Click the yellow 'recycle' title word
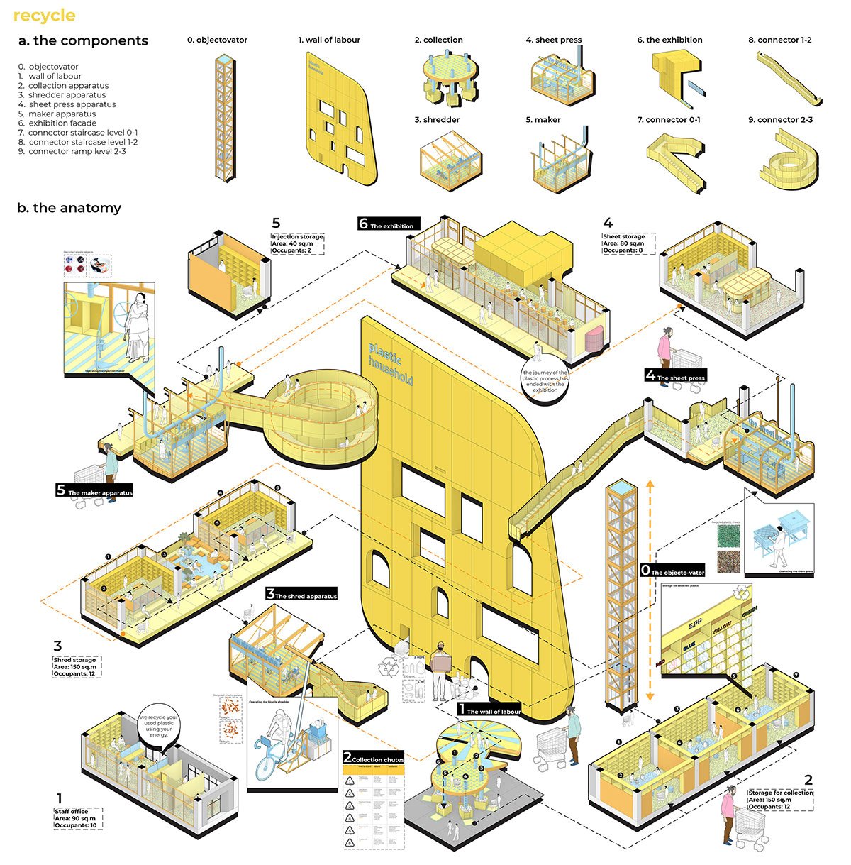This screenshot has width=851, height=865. [x=44, y=15]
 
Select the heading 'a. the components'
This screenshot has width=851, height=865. [x=83, y=41]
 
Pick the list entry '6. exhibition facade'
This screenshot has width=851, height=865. [x=57, y=123]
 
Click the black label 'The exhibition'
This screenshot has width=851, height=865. [x=389, y=224]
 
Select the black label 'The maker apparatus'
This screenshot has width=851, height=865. [x=94, y=491]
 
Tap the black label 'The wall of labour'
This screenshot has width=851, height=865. [x=489, y=710]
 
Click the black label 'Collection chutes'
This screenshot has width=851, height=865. [x=373, y=758]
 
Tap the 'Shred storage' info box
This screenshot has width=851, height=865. [x=77, y=667]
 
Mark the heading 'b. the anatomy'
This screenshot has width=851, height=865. [x=69, y=208]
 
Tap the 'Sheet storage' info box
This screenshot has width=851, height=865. [x=628, y=243]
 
